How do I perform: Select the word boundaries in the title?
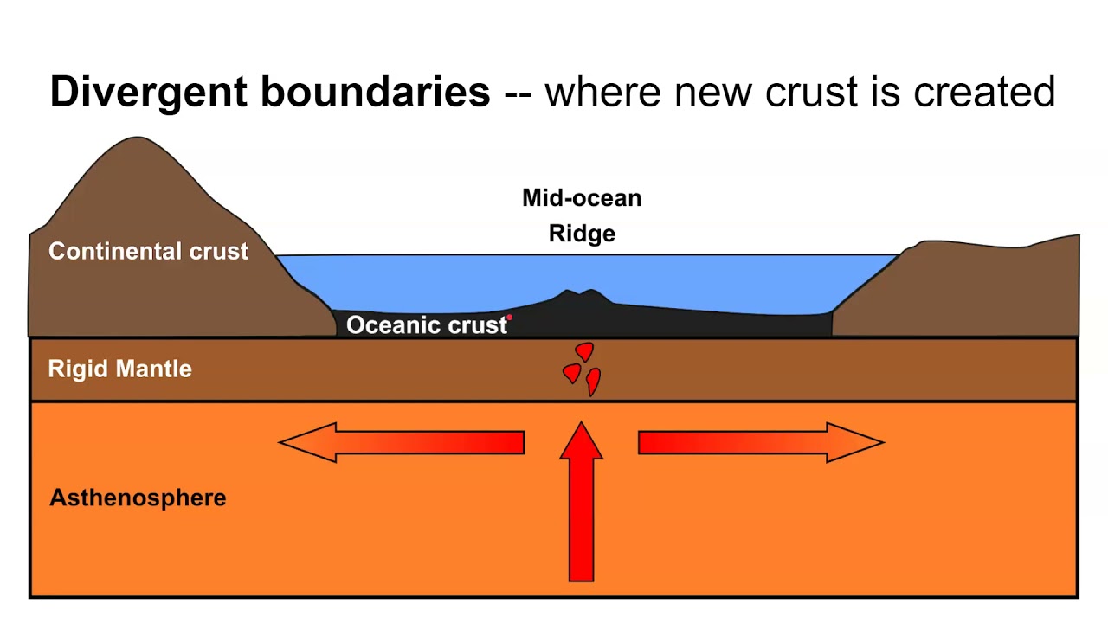(376, 92)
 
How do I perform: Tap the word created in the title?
(982, 92)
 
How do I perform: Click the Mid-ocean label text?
(582, 198)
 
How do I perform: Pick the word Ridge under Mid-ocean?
(582, 234)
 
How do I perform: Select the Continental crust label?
(148, 252)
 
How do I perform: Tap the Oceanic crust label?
(426, 325)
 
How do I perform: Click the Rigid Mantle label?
(119, 369)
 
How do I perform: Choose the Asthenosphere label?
(138, 498)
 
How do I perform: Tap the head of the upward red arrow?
(581, 440)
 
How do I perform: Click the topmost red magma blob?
(585, 351)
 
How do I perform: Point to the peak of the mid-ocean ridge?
(572, 292)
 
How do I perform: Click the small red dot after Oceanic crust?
(510, 318)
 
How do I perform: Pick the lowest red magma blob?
(593, 380)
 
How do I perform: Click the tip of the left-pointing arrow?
(281, 442)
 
